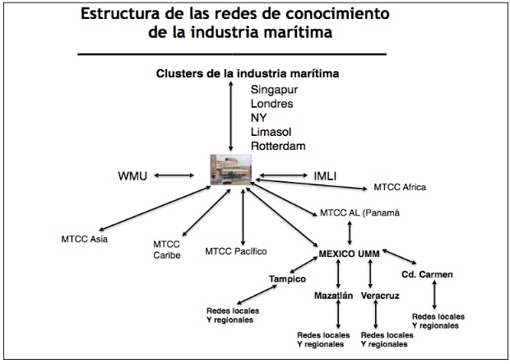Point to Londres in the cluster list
tap(273, 103)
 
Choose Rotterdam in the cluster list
tap(278, 146)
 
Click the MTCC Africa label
tap(400, 187)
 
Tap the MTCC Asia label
tap(85, 240)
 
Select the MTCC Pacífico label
tap(236, 250)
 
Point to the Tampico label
tap(287, 278)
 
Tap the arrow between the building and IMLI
tap(283, 175)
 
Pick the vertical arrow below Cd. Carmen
tap(434, 294)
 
